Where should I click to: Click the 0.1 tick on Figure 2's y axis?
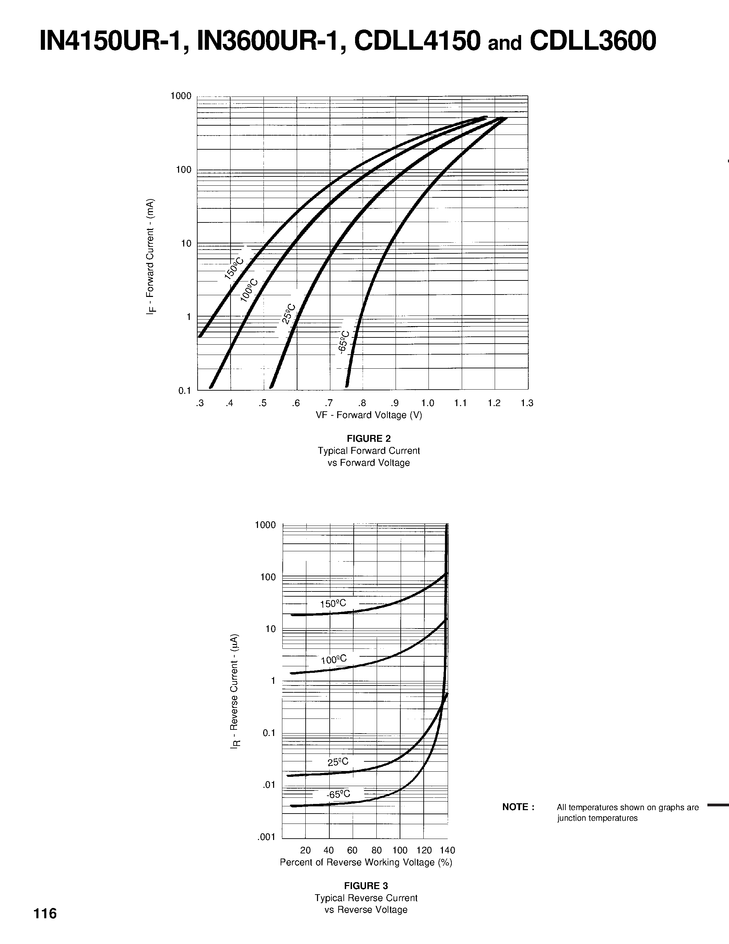pyautogui.click(x=185, y=391)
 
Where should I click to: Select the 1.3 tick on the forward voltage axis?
pyautogui.click(x=527, y=403)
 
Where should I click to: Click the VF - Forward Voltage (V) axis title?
pyautogui.click(x=369, y=415)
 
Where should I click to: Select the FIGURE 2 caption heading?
pyautogui.click(x=369, y=439)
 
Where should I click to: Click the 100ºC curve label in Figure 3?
pyautogui.click(x=333, y=659)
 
